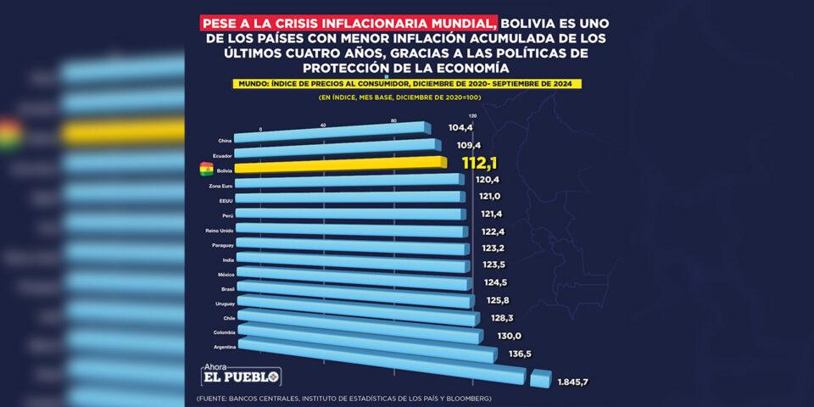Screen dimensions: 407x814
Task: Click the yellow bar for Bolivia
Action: coord(339,165)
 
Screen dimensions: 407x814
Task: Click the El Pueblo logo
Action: coord(240,376)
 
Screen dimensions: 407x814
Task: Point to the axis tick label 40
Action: coord(323,125)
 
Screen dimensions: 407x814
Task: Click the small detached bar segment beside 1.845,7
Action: coord(540,378)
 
